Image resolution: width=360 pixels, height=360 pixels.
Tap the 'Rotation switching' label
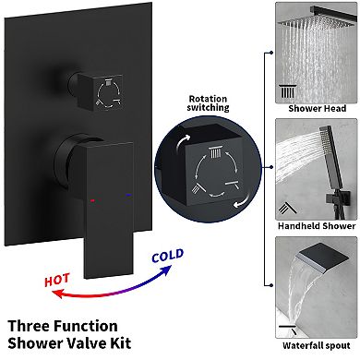click(x=208, y=103)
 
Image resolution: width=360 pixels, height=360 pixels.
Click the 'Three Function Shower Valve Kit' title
click(x=69, y=336)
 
